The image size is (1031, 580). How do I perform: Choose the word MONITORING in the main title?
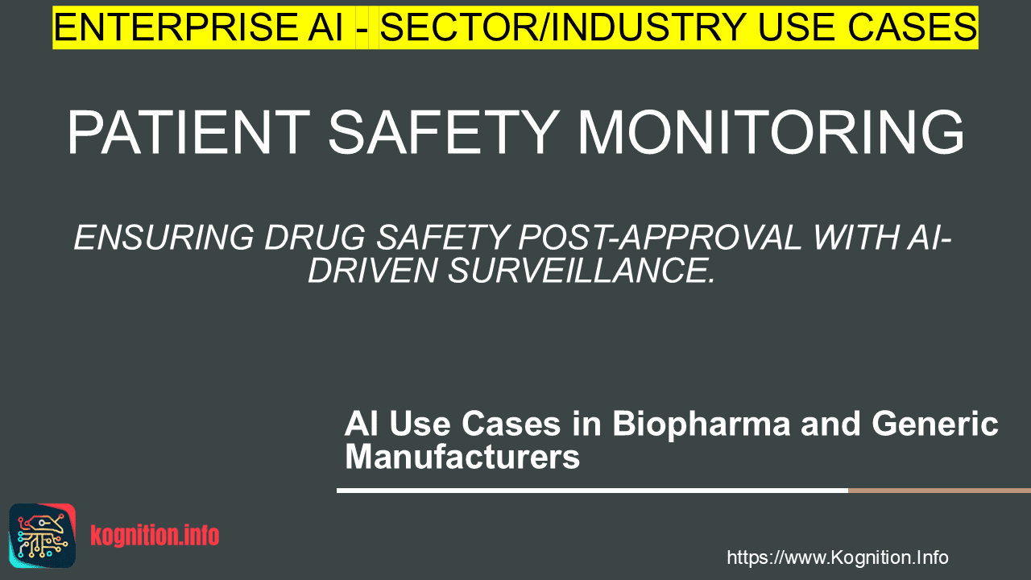tap(770, 133)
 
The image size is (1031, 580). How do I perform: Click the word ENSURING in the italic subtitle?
tap(164, 238)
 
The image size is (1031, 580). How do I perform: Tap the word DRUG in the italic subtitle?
tap(315, 238)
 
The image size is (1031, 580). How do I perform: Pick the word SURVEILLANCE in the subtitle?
tap(582, 271)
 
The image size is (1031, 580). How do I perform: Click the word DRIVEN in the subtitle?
tap(372, 271)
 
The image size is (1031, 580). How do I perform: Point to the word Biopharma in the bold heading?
tap(701, 425)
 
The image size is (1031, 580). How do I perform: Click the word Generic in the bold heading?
tap(935, 424)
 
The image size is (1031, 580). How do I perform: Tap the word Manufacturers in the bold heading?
tap(462, 457)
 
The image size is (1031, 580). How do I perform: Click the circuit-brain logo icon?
tap(43, 536)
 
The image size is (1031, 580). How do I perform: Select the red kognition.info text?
tap(155, 536)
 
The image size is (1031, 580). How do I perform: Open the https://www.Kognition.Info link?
tap(837, 558)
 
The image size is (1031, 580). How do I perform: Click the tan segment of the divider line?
tap(939, 491)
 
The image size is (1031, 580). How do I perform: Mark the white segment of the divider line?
tap(592, 491)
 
